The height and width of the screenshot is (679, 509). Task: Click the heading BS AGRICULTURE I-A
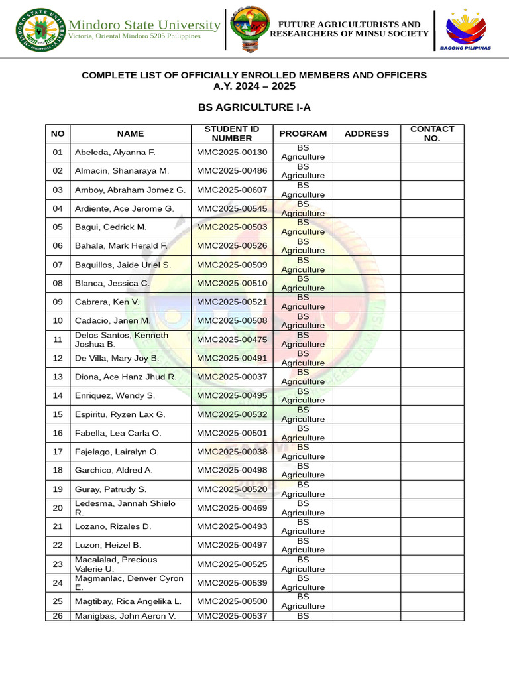(254, 107)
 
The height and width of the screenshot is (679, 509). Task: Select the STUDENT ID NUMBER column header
(231, 133)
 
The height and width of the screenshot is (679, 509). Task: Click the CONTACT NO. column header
(432, 133)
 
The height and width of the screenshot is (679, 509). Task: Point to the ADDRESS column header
(367, 133)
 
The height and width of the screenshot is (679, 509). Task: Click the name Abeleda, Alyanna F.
(115, 153)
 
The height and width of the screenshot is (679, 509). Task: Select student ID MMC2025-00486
(232, 171)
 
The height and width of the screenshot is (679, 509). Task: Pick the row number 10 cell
(58, 321)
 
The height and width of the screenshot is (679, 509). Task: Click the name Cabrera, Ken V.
(107, 302)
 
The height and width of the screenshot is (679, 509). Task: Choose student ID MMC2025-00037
(232, 377)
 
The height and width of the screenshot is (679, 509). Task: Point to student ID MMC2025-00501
(232, 433)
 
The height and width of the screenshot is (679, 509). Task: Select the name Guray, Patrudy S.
(111, 489)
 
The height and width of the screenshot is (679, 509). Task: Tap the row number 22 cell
(58, 545)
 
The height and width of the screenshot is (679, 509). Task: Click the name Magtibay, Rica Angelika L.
(128, 601)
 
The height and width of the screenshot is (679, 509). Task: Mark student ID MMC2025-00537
(232, 616)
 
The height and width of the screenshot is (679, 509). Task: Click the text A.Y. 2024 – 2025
(254, 86)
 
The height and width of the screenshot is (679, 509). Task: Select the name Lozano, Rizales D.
(113, 526)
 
